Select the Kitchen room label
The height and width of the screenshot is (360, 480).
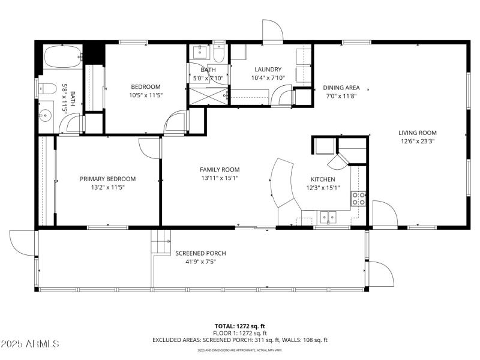(322, 179)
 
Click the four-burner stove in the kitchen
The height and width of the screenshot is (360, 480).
(359, 199)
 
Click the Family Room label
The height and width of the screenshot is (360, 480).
(220, 170)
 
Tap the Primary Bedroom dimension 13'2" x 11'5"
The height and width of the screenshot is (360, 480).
(107, 187)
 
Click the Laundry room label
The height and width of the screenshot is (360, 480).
(263, 70)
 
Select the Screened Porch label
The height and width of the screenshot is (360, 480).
(200, 253)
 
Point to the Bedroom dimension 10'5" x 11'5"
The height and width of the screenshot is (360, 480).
(146, 95)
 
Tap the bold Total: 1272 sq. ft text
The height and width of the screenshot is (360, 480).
(239, 326)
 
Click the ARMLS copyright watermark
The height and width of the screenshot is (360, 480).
(30, 344)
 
